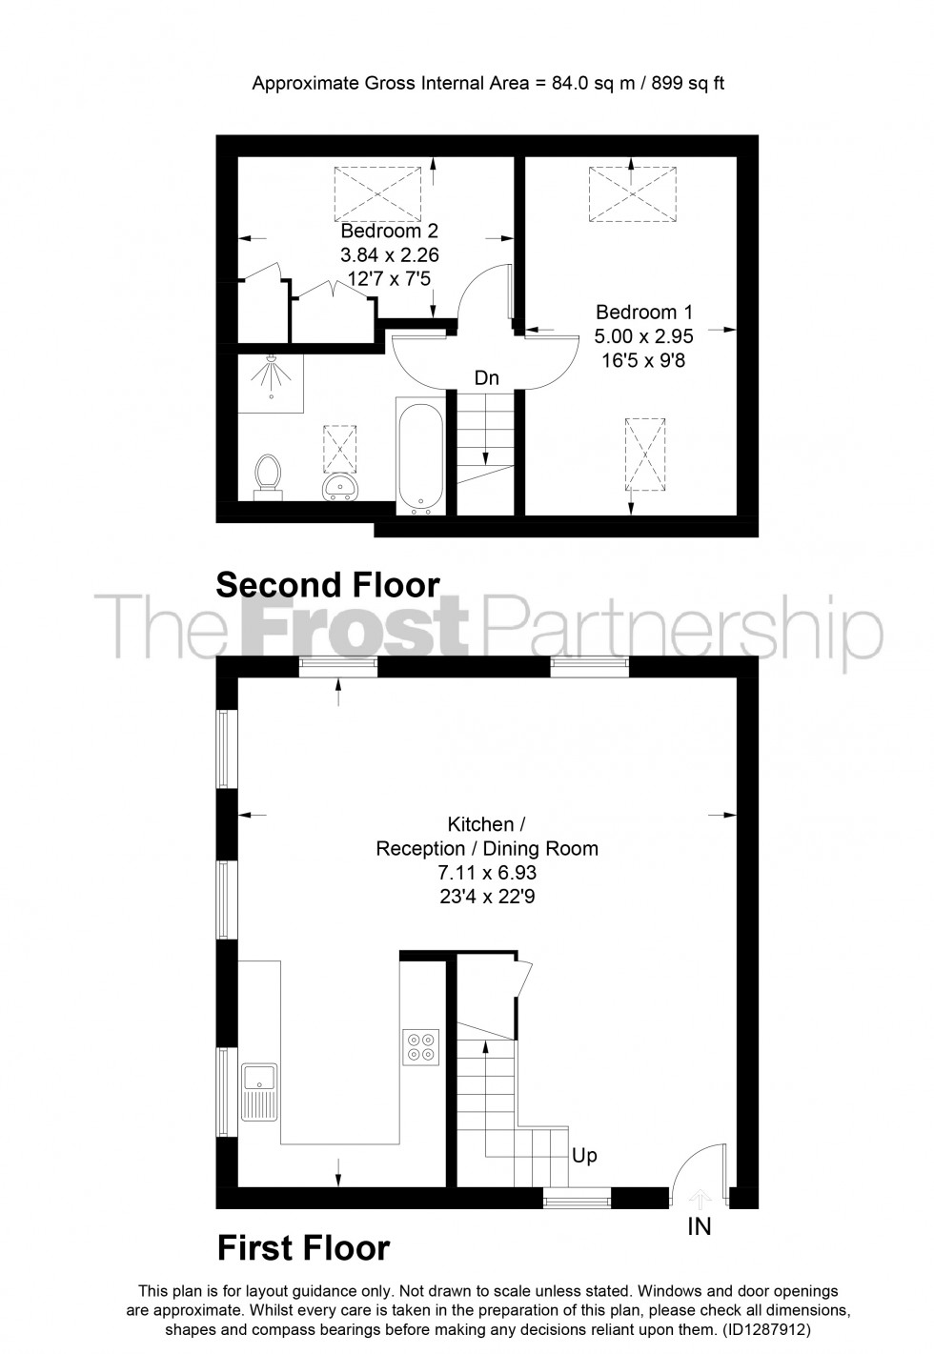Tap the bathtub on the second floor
click(418, 455)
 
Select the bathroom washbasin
click(339, 487)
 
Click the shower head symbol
click(273, 375)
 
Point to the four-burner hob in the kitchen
click(421, 1047)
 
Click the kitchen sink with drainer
click(259, 1092)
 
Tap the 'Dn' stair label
click(487, 378)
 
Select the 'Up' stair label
click(584, 1155)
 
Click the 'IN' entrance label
click(700, 1226)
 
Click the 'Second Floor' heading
click(328, 584)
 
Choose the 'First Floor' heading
click(303, 1247)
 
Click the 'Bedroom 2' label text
click(389, 232)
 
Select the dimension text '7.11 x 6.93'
click(487, 872)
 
